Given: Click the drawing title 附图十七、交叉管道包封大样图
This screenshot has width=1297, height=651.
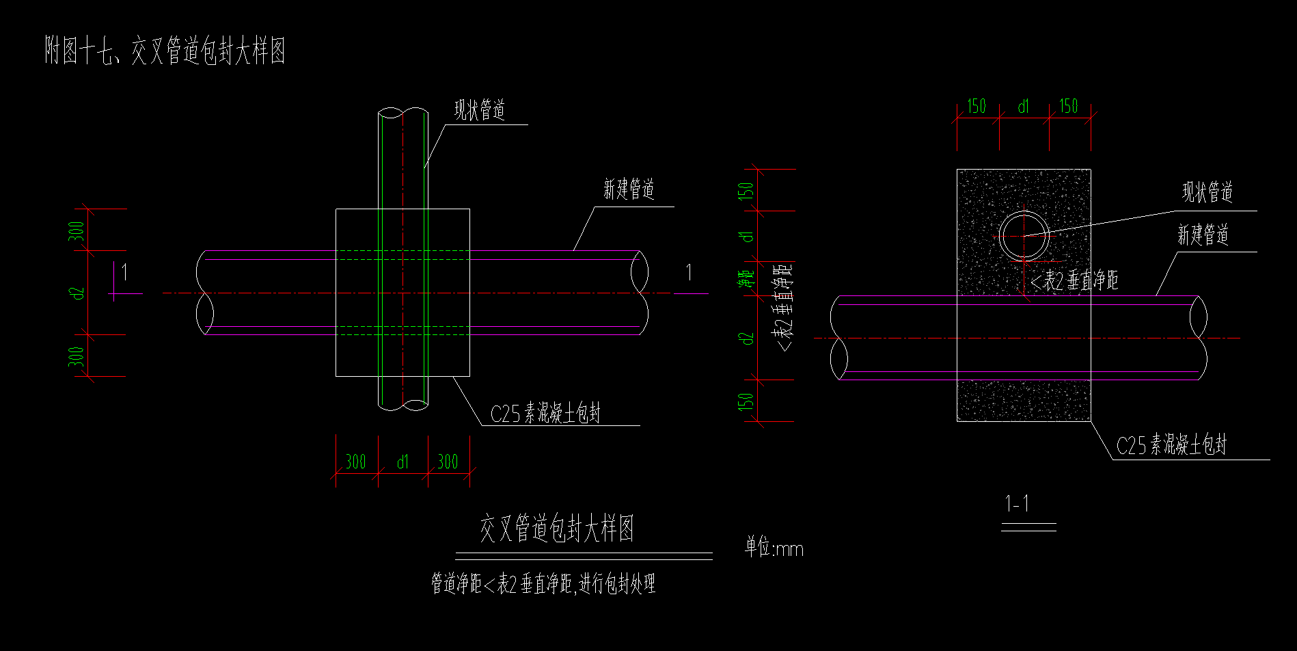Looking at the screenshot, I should coord(164,51).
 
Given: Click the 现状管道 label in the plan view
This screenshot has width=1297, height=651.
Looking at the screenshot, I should coord(480,109).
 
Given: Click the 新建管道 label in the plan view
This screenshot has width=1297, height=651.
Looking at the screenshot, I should coord(629,189).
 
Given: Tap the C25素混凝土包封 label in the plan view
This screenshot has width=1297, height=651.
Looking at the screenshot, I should coord(545,413).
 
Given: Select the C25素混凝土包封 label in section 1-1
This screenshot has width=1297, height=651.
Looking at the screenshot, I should coord(1171,445).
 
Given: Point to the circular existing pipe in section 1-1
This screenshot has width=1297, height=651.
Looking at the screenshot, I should coord(1023,235).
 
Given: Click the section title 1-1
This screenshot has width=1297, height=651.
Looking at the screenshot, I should coord(1018,505).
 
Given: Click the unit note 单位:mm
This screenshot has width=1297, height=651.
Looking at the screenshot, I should coord(774,548).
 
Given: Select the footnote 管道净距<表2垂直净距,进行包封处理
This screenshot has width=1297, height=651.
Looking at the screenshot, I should coord(543,584).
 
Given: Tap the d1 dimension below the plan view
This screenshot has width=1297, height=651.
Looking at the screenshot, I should coord(402,462).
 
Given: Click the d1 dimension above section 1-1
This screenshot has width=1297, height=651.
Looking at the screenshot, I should coord(1023,107).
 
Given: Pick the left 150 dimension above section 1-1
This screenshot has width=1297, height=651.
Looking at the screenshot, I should coord(977,106).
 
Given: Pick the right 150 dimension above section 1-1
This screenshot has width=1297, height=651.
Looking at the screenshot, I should coord(1069,106).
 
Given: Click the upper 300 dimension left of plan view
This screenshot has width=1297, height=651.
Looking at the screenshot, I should coord(78,230).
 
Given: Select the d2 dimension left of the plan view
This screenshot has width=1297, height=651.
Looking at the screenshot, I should coord(78,293).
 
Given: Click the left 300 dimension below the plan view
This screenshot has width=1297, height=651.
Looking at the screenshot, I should coord(355,462).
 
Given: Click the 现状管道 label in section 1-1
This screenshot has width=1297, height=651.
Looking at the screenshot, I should coord(1207,192).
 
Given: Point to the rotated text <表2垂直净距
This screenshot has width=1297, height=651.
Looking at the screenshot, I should coord(784,308).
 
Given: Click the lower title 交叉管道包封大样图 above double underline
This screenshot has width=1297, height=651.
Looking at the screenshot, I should coord(557,529).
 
